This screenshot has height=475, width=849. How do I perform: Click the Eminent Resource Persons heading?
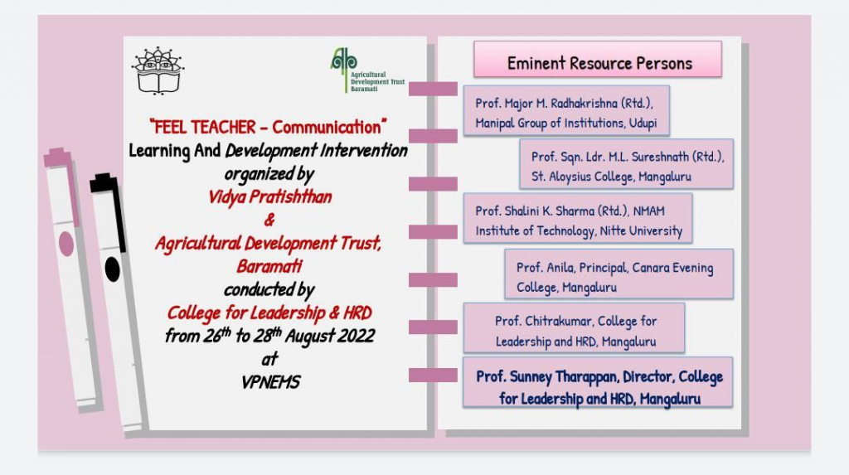pyautogui.click(x=598, y=60)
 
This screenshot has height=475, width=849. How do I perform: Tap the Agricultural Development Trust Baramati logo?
pyautogui.click(x=367, y=70)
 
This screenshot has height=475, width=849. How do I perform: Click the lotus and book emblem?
pyautogui.click(x=158, y=71)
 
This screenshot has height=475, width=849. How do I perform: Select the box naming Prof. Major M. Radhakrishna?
pyautogui.click(x=566, y=111)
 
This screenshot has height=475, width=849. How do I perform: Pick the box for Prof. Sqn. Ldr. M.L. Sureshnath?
pyautogui.click(x=627, y=164)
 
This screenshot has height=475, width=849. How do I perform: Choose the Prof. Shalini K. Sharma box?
pyautogui.click(x=578, y=218)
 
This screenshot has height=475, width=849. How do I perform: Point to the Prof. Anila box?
pyautogui.click(x=619, y=274)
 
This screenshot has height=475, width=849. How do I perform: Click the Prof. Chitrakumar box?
pyautogui.click(x=574, y=328)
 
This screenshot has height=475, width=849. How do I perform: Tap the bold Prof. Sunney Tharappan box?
pyautogui.click(x=599, y=383)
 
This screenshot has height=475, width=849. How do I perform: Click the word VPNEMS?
pyautogui.click(x=270, y=382)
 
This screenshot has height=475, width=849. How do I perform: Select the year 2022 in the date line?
pyautogui.click(x=356, y=336)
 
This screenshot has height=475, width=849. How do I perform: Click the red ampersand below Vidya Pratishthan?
pyautogui.click(x=269, y=220)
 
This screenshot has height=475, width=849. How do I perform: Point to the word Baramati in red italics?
pyautogui.click(x=269, y=266)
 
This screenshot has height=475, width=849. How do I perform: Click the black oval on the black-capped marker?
pyautogui.click(x=112, y=269)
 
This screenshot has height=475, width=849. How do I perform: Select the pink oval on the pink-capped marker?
pyautogui.click(x=66, y=245)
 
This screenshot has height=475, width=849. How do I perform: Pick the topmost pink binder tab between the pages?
pyautogui.click(x=433, y=89)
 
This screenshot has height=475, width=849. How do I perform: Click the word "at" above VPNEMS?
pyautogui.click(x=269, y=359)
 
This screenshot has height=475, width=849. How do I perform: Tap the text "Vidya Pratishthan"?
pyautogui.click(x=269, y=196)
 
